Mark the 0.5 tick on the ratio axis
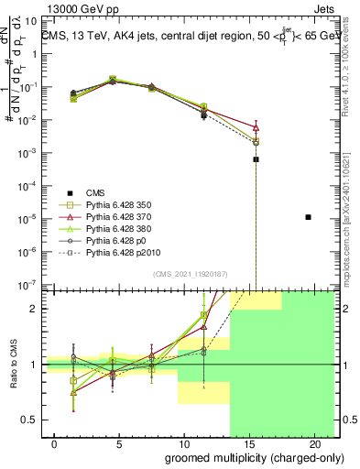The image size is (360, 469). [x=27, y=420]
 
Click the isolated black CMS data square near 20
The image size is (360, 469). [x=309, y=217]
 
